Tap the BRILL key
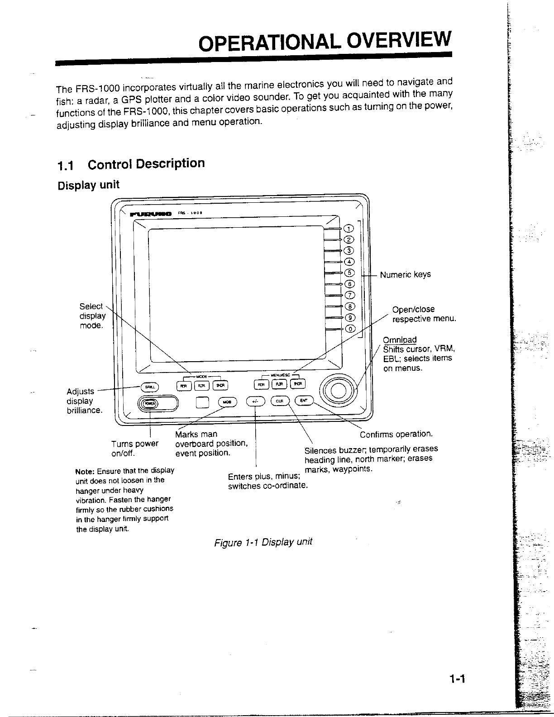coord(149,387)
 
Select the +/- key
coord(255,402)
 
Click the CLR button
coord(280,401)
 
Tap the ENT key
coord(303,401)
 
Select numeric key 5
coord(350,273)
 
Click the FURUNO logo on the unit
coord(151,214)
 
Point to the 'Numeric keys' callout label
coord(405,275)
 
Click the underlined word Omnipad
coord(400,340)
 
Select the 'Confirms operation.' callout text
coord(396,435)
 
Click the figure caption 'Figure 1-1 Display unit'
coord(263,542)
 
